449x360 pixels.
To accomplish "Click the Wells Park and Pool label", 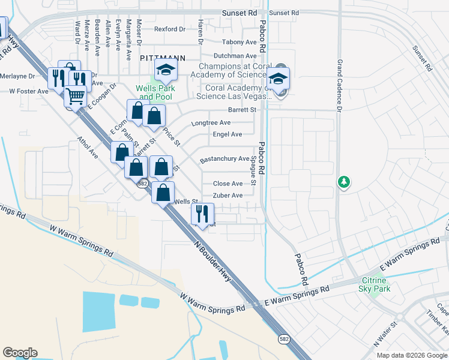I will (x=154, y=92).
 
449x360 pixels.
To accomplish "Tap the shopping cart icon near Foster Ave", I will (x=75, y=96).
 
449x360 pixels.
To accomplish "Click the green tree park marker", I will (x=343, y=181).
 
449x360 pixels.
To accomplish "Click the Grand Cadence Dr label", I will (x=339, y=86).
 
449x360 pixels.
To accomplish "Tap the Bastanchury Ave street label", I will (x=224, y=159).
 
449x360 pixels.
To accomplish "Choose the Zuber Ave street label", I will (x=228, y=196).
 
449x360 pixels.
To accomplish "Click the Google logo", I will (x=20, y=353).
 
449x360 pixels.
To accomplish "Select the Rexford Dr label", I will (x=170, y=29).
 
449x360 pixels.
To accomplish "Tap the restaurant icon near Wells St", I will (x=203, y=214).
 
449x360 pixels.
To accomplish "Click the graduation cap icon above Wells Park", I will (x=165, y=71).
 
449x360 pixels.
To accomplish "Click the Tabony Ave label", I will (x=239, y=42).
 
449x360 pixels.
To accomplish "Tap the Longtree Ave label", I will (x=211, y=123).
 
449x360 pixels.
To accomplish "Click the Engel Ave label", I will (x=228, y=134).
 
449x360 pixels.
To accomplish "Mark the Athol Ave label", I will (x=88, y=147).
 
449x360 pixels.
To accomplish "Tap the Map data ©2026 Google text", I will (x=411, y=355).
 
